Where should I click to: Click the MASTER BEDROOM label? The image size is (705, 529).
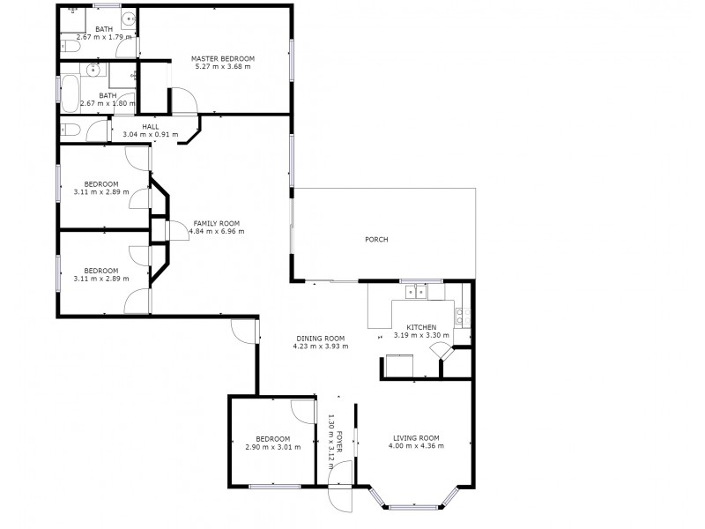pos(223,59)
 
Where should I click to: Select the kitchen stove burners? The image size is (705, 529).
pos(462,313)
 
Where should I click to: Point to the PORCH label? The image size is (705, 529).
pos(376,240)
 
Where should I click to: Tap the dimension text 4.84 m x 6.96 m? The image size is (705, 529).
pos(216,231)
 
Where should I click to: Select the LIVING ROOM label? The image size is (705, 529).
pos(416,438)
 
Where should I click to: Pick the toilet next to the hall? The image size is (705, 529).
pos(71,130)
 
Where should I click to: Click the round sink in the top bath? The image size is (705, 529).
pos(129,17)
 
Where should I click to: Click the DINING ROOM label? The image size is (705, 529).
pos(320,339)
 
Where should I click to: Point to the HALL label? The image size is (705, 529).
pos(150,126)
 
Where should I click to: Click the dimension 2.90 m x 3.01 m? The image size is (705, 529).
pos(273,447)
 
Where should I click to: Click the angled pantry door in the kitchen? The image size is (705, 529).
pos(439,352)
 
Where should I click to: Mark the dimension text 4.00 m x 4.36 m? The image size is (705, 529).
pos(416,446)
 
